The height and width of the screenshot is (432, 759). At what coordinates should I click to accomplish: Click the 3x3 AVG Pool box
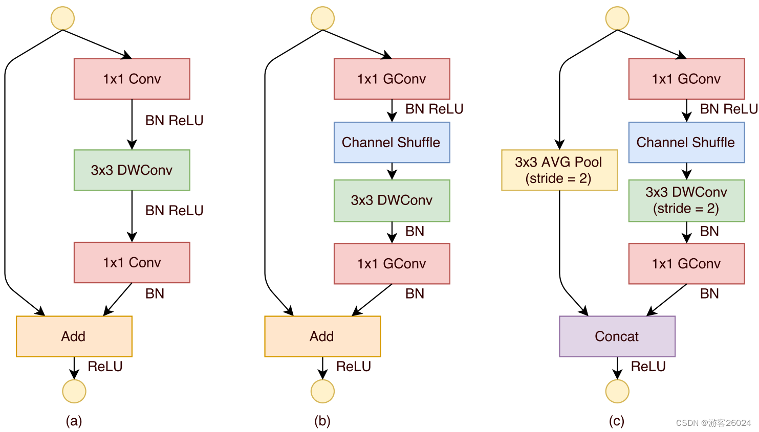(x=559, y=170)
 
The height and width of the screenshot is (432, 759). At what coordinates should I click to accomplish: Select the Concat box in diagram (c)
(x=617, y=336)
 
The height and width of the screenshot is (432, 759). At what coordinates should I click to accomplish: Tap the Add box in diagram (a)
(x=74, y=336)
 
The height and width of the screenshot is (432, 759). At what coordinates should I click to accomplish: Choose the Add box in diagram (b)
(x=322, y=336)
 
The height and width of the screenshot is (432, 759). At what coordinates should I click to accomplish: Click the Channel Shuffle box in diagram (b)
(x=392, y=143)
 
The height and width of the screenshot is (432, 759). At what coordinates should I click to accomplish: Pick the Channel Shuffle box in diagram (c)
(x=686, y=143)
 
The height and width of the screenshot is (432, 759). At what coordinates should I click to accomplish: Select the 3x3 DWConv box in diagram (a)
(x=132, y=170)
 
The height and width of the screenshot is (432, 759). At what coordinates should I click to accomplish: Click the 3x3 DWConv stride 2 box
(x=686, y=200)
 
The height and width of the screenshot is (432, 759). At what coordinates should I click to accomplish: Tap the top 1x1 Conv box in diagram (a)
(x=132, y=79)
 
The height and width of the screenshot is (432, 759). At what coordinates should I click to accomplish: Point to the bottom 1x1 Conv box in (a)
(x=132, y=263)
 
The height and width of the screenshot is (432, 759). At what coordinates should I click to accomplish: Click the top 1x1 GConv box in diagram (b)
(x=392, y=79)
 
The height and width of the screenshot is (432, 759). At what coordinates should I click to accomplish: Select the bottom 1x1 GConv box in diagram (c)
(x=686, y=264)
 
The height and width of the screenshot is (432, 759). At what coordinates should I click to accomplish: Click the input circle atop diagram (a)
(x=62, y=18)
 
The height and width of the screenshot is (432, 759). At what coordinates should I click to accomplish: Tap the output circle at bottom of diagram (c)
(x=617, y=392)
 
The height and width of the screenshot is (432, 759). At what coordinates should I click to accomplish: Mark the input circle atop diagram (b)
(x=322, y=18)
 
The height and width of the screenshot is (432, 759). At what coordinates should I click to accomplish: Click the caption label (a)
(x=74, y=421)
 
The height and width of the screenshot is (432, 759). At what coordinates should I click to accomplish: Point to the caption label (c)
(x=616, y=421)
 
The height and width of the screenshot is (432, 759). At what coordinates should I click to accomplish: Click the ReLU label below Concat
(x=648, y=367)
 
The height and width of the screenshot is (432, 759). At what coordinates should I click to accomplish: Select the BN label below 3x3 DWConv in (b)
(x=415, y=232)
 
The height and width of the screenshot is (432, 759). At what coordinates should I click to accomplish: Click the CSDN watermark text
(x=713, y=423)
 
